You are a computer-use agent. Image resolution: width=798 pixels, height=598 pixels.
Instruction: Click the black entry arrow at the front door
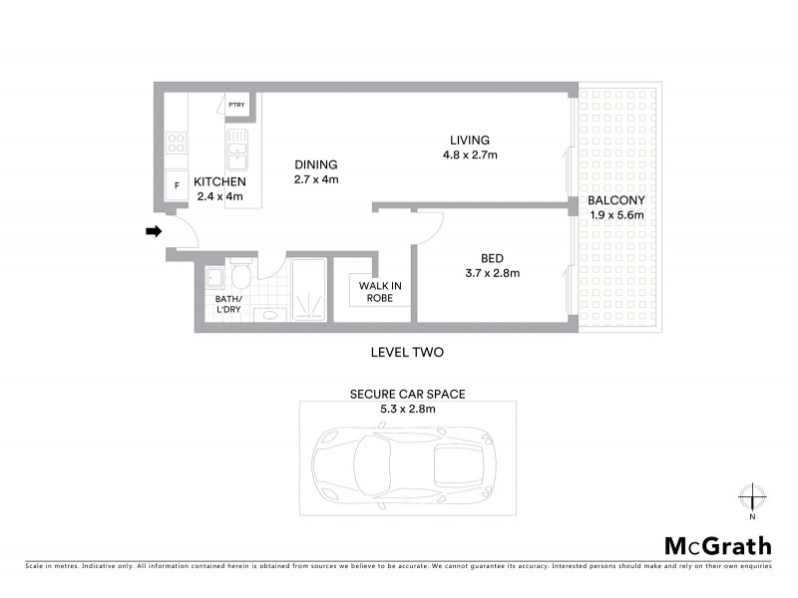click(154, 232)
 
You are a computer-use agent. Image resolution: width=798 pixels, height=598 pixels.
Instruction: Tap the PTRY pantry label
click(236, 105)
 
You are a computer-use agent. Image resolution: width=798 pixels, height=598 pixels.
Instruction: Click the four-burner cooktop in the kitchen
click(177, 144)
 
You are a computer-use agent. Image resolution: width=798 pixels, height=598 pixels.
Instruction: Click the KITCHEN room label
click(219, 181)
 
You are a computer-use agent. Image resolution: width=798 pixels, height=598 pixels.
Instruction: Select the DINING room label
click(316, 164)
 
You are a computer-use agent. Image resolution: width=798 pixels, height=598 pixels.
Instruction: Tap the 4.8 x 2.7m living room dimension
click(470, 155)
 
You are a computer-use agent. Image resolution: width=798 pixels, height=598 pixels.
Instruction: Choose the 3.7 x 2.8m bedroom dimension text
click(493, 273)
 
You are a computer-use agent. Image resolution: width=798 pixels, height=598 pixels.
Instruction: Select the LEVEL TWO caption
click(406, 352)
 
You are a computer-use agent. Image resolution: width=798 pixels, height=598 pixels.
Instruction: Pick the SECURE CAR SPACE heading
click(406, 394)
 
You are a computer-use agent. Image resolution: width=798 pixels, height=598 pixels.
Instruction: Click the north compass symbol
click(752, 497)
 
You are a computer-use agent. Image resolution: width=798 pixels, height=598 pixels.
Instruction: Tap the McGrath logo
click(717, 545)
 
